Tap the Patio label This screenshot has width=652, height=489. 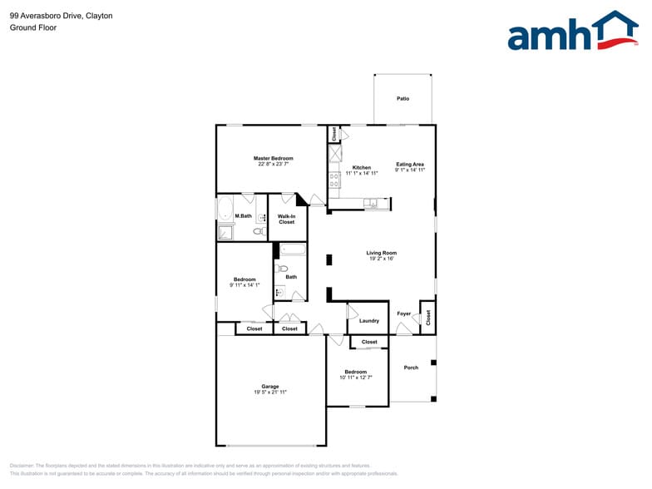tap(403, 99)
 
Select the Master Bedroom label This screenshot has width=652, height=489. tap(273, 158)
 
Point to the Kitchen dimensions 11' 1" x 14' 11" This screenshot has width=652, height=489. tap(362, 173)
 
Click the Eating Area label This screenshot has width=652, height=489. tap(410, 165)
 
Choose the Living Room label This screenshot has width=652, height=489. tap(382, 253)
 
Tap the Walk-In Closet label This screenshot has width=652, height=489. tap(287, 220)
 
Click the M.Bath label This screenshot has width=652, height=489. tap(243, 216)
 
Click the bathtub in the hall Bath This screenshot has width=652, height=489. tap(292, 249)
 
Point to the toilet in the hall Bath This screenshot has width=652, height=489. tap(282, 269)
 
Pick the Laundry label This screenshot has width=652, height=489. tap(368, 321)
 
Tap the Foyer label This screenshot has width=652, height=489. tap(404, 314)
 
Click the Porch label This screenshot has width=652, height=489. tap(411, 368)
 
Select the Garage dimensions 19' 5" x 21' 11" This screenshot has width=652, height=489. tap(270, 392)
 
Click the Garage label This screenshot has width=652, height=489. tap(270, 386)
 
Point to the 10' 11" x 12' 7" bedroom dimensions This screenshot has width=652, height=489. tap(356, 378)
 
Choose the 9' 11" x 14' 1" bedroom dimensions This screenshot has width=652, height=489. tap(244, 285)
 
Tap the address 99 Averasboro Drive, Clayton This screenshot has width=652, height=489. tap(62, 16)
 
